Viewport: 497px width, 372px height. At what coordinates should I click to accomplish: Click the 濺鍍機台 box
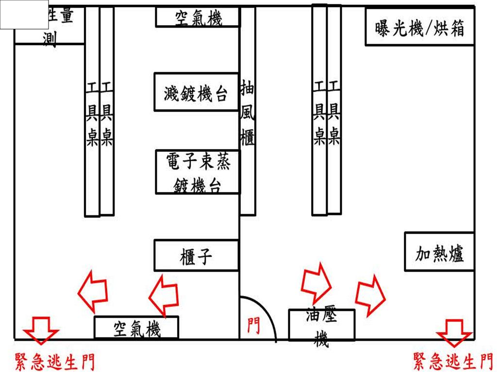(x=196, y=92)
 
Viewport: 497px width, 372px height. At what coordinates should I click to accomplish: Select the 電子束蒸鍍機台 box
(x=198, y=172)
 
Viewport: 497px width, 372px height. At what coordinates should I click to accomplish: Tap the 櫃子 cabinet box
(x=196, y=255)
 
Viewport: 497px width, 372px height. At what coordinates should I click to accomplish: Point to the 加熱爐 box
(x=439, y=252)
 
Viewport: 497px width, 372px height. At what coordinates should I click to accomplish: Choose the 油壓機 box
(x=321, y=324)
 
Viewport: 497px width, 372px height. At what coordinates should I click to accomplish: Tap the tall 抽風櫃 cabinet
(x=248, y=112)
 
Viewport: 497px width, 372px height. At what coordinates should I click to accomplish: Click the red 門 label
(x=253, y=325)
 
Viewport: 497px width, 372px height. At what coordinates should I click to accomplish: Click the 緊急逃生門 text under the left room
(x=54, y=362)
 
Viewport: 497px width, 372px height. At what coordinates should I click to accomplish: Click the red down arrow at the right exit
(x=454, y=332)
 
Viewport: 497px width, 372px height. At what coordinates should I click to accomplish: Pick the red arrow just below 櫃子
(x=163, y=294)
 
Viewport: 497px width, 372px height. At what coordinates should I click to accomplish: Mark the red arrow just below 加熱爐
(x=370, y=294)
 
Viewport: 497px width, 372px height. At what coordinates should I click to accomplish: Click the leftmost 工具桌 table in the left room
(x=92, y=112)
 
